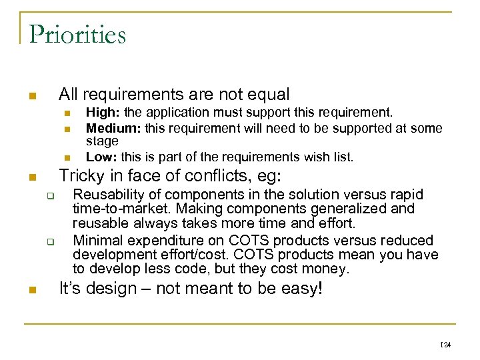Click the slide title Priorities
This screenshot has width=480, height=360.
[x=77, y=34]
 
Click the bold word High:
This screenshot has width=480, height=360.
[x=101, y=112]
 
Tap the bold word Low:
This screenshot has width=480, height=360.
[x=99, y=157]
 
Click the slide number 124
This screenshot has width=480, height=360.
[x=446, y=345]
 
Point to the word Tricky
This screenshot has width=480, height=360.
[x=79, y=177]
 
